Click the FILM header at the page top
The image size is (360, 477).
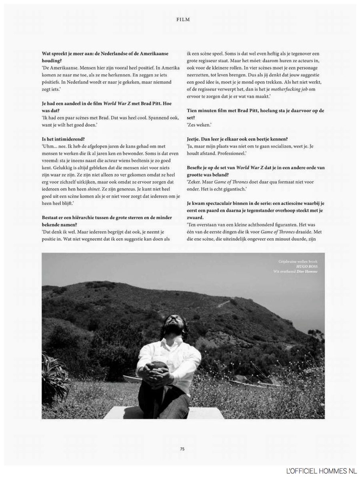click(x=182, y=19)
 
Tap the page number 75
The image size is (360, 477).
click(x=182, y=449)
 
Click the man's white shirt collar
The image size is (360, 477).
click(x=170, y=343)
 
